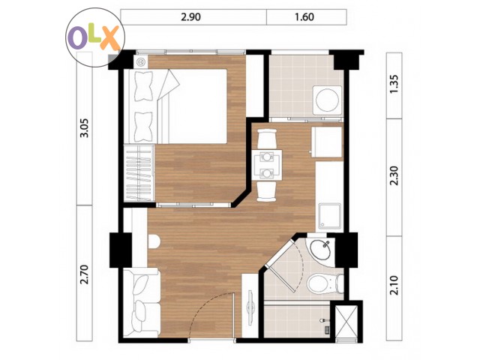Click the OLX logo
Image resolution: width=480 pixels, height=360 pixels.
(x=95, y=37)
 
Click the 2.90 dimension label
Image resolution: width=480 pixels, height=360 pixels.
(x=190, y=16)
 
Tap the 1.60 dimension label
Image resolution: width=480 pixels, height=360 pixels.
(x=304, y=16)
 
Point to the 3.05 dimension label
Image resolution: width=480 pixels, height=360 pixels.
(x=84, y=128)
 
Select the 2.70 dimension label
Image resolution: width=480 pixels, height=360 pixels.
(x=84, y=274)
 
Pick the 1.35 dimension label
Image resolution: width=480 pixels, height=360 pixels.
(x=395, y=84)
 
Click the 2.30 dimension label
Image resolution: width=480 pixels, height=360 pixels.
(x=395, y=175)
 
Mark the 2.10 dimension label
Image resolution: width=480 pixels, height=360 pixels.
(x=395, y=285)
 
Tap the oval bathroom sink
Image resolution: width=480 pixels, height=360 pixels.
(x=320, y=249)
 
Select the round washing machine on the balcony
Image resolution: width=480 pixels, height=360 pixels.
(x=327, y=100)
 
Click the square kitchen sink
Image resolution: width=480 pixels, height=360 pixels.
(x=330, y=216)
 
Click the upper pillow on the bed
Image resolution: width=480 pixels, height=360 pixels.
(x=143, y=86)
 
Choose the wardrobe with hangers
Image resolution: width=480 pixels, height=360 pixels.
(x=139, y=173)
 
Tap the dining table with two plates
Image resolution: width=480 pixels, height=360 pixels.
(x=268, y=166)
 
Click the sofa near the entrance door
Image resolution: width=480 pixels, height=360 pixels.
(x=142, y=303)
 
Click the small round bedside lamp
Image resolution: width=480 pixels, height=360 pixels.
(x=141, y=62)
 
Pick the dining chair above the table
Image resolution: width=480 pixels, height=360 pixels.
(x=268, y=138)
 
